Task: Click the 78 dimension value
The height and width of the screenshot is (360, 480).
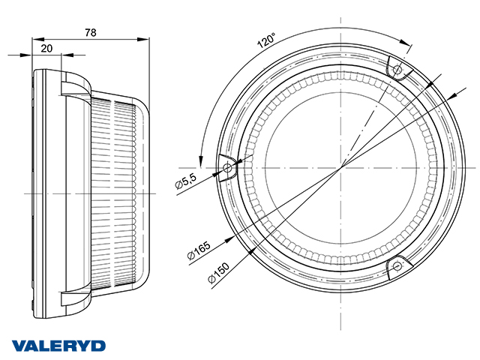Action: click(x=91, y=32)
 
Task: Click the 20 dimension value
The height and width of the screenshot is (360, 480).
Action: click(x=46, y=48)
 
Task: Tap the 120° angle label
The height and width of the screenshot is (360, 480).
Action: click(x=266, y=41)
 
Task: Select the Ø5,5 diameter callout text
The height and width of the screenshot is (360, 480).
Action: click(x=185, y=181)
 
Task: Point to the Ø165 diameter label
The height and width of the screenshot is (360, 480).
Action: click(x=199, y=250)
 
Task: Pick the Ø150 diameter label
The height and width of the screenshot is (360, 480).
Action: click(x=218, y=273)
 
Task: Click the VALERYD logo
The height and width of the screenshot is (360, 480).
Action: click(x=58, y=346)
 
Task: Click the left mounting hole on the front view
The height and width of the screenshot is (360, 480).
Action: click(x=227, y=167)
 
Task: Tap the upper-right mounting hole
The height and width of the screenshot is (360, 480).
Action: click(x=397, y=70)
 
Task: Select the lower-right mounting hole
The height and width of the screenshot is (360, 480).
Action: click(x=397, y=265)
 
